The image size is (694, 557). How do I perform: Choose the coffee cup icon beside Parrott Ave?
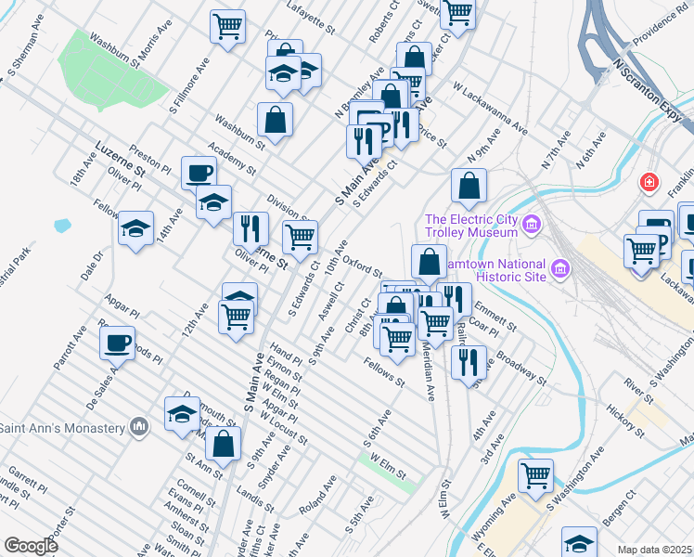tap(117, 343)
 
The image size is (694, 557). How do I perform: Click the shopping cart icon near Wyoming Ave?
tap(535, 475)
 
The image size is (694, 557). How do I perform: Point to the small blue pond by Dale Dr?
tap(62, 225)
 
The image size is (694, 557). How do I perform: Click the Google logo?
tap(30, 546)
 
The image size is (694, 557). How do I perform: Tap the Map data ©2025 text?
tap(655, 550)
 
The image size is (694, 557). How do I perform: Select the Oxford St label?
tap(363, 266)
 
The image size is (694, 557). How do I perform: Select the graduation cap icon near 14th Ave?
tap(136, 228)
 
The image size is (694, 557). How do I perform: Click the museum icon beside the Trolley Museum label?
tap(532, 224)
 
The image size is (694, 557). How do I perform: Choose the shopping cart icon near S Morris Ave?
tap(227, 25)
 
